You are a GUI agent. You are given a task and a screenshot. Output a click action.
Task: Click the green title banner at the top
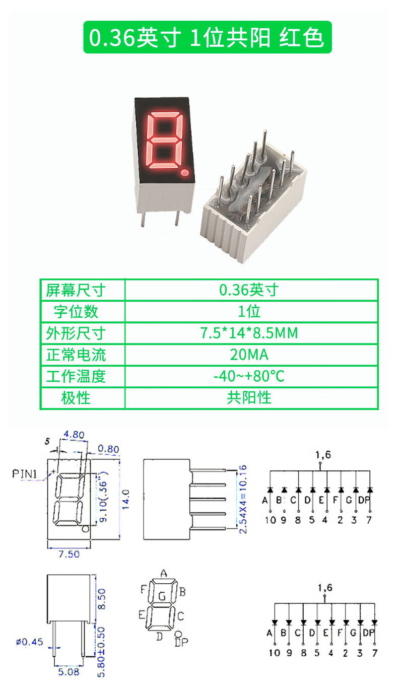(x=207, y=37)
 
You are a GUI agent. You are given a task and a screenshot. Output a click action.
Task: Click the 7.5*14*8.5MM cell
(x=250, y=333)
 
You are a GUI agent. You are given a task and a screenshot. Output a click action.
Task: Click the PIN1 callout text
(x=26, y=473)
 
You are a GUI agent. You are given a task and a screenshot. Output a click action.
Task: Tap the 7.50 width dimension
(x=69, y=554)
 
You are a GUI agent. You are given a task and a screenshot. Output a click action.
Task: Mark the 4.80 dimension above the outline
(x=73, y=435)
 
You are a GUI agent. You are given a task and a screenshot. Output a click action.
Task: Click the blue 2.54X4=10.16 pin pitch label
(x=242, y=499)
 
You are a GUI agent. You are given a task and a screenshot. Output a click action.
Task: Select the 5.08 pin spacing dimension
(x=69, y=671)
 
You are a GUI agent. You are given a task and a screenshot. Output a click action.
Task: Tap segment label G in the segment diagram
(x=162, y=596)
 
